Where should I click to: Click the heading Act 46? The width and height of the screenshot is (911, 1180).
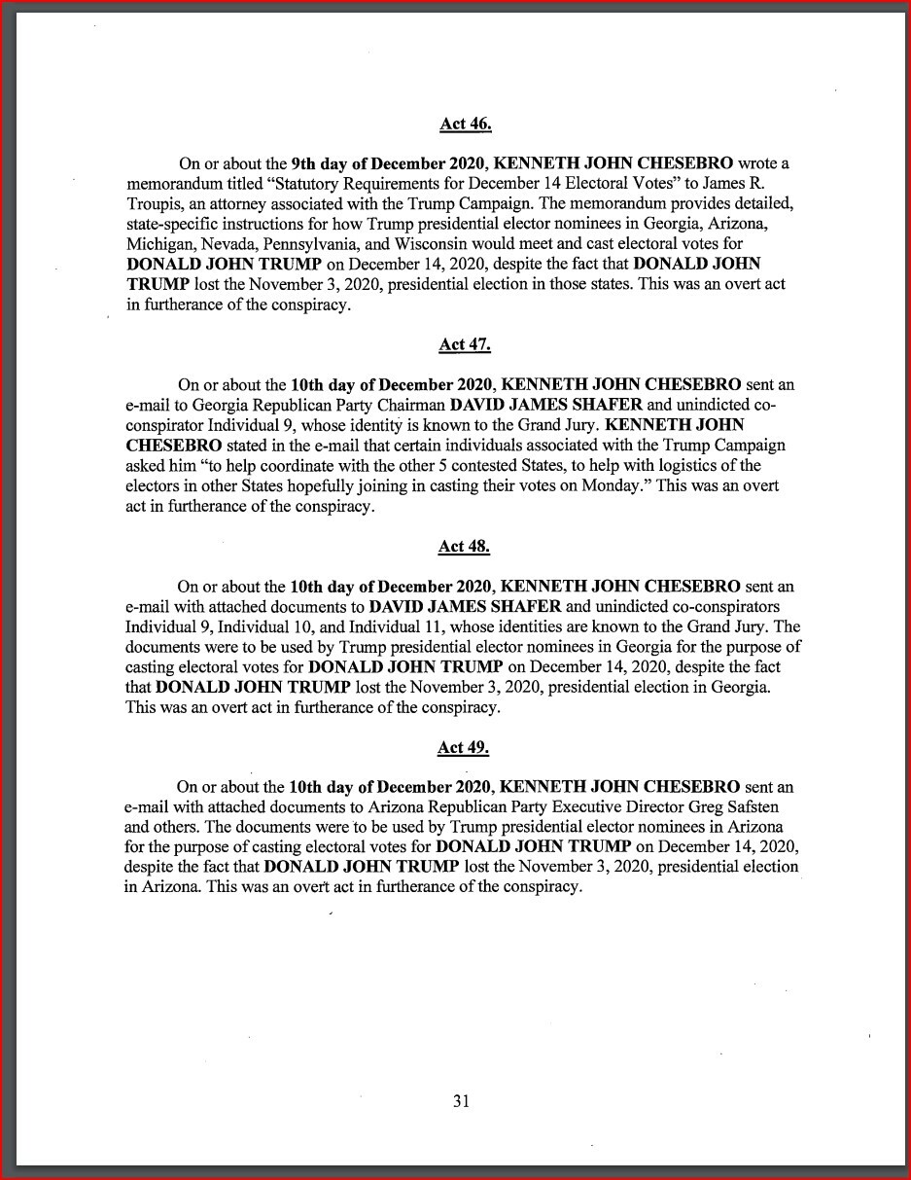point(466,124)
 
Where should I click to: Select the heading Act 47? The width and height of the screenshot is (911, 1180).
point(465,344)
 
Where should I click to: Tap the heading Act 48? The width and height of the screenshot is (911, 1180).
point(464,547)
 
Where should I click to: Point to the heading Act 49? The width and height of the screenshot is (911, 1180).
point(463,747)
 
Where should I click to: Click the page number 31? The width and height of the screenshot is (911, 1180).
point(461,1101)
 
